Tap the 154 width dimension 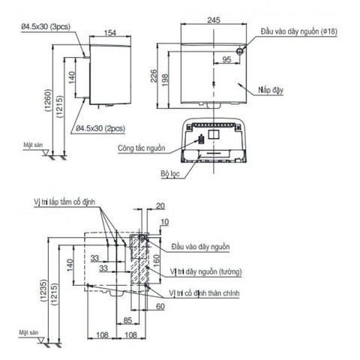pos(109,32)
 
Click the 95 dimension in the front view pos(226,58)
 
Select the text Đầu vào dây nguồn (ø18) pos(293,32)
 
